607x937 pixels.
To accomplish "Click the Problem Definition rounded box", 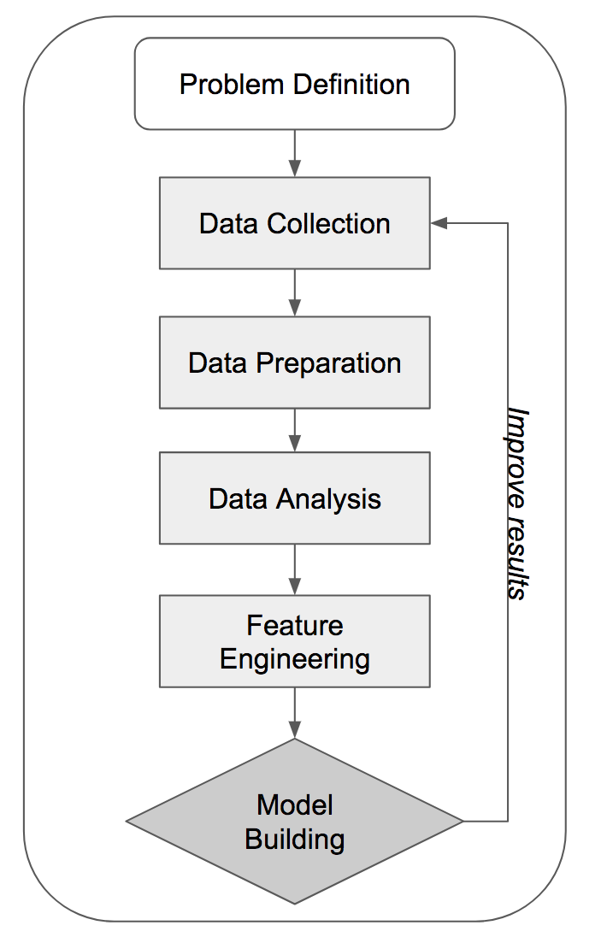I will click(x=294, y=84).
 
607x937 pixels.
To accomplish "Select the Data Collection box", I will click(x=294, y=223).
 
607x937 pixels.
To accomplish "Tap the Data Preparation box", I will click(x=294, y=362).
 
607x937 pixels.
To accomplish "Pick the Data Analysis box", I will click(x=294, y=499).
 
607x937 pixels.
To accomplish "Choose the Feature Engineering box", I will click(x=294, y=641).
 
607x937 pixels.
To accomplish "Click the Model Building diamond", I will click(x=294, y=821).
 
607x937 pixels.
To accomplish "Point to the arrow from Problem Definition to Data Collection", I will click(x=294, y=154).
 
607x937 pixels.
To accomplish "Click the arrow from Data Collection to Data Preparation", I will click(x=294, y=292).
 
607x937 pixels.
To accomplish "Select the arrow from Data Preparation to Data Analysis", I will click(x=294, y=430).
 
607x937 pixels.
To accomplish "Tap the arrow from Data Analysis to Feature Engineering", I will click(x=294, y=569).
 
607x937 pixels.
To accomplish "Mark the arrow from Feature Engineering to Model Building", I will click(x=294, y=713).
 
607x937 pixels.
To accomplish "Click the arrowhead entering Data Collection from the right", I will click(x=439, y=223).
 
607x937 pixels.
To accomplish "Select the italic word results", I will click(x=516, y=557).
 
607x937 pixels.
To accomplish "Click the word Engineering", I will click(x=294, y=659).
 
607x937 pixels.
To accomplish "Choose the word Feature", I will click(x=294, y=625).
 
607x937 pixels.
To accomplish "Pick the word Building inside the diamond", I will click(x=294, y=839).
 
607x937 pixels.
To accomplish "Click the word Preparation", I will click(x=328, y=363).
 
